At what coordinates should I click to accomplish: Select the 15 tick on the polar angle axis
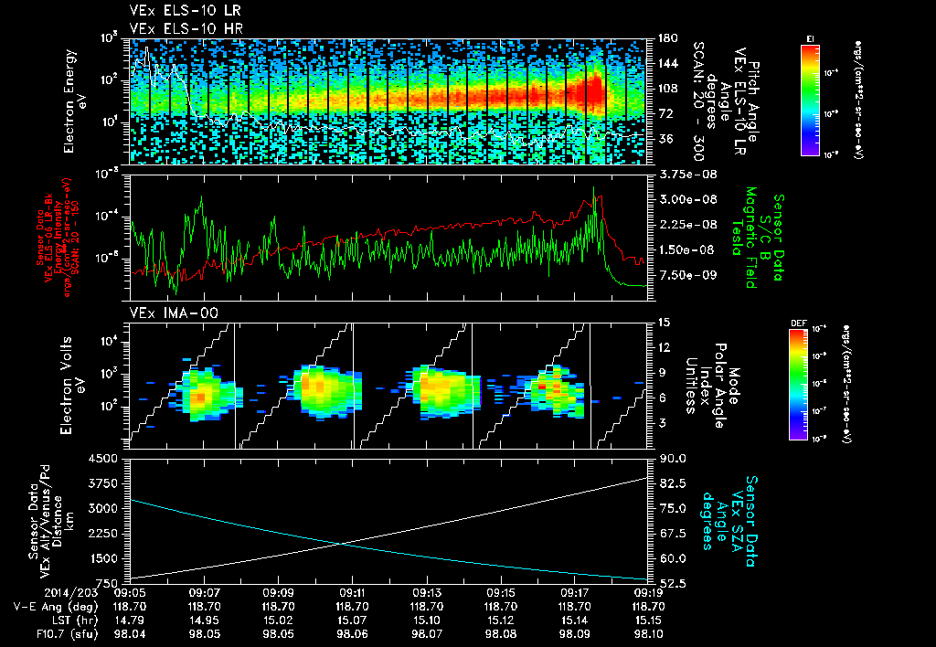[664, 322]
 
